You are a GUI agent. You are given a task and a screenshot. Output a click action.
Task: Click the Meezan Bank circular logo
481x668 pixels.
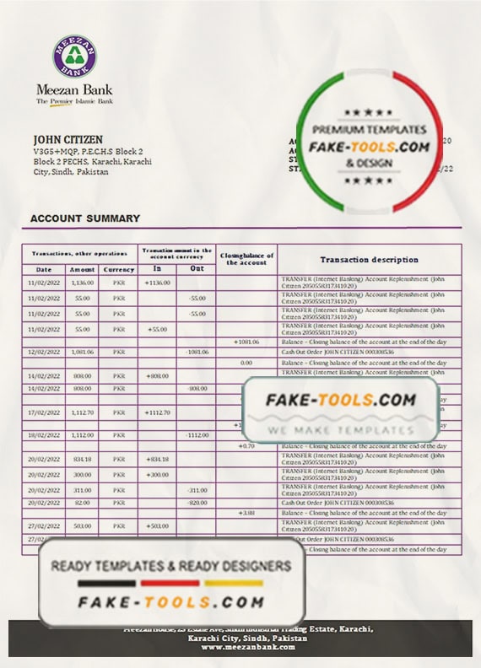pos(74,57)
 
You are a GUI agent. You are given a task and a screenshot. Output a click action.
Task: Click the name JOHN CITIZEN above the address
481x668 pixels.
pos(68,139)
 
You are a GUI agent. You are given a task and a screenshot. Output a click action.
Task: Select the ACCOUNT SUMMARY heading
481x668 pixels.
pos(85,218)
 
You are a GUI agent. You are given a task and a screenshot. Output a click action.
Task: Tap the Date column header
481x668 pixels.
pos(43,269)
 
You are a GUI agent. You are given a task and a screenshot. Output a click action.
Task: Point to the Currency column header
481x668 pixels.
pos(119,269)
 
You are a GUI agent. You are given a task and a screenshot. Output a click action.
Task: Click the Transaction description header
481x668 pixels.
pos(369,260)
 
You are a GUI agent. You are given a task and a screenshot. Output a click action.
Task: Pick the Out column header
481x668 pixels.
pos(197,268)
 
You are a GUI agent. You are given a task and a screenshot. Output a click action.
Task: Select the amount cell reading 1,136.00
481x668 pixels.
pos(83,283)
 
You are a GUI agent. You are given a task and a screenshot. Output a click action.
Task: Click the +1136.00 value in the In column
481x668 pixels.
pos(157,283)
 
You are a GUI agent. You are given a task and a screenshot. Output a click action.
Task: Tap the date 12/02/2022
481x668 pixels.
pos(43,352)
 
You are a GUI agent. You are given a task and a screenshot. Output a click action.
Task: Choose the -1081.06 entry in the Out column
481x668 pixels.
pos(197,352)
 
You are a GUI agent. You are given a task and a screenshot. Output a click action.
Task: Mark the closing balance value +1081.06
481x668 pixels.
pos(246,342)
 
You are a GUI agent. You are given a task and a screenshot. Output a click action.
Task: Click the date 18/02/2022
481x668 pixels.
pos(43,434)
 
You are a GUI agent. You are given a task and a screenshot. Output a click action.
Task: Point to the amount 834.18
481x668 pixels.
pos(83,459)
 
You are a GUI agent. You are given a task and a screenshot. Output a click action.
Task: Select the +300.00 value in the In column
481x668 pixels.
pos(157,475)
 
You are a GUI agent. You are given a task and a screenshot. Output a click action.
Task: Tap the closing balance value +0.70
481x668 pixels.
pos(246,445)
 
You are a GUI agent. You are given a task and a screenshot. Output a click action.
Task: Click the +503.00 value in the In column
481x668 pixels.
pos(157,525)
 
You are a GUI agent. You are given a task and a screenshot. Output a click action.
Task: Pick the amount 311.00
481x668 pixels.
pos(83,490)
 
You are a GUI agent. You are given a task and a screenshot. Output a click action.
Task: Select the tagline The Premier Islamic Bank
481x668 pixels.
pos(74,101)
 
